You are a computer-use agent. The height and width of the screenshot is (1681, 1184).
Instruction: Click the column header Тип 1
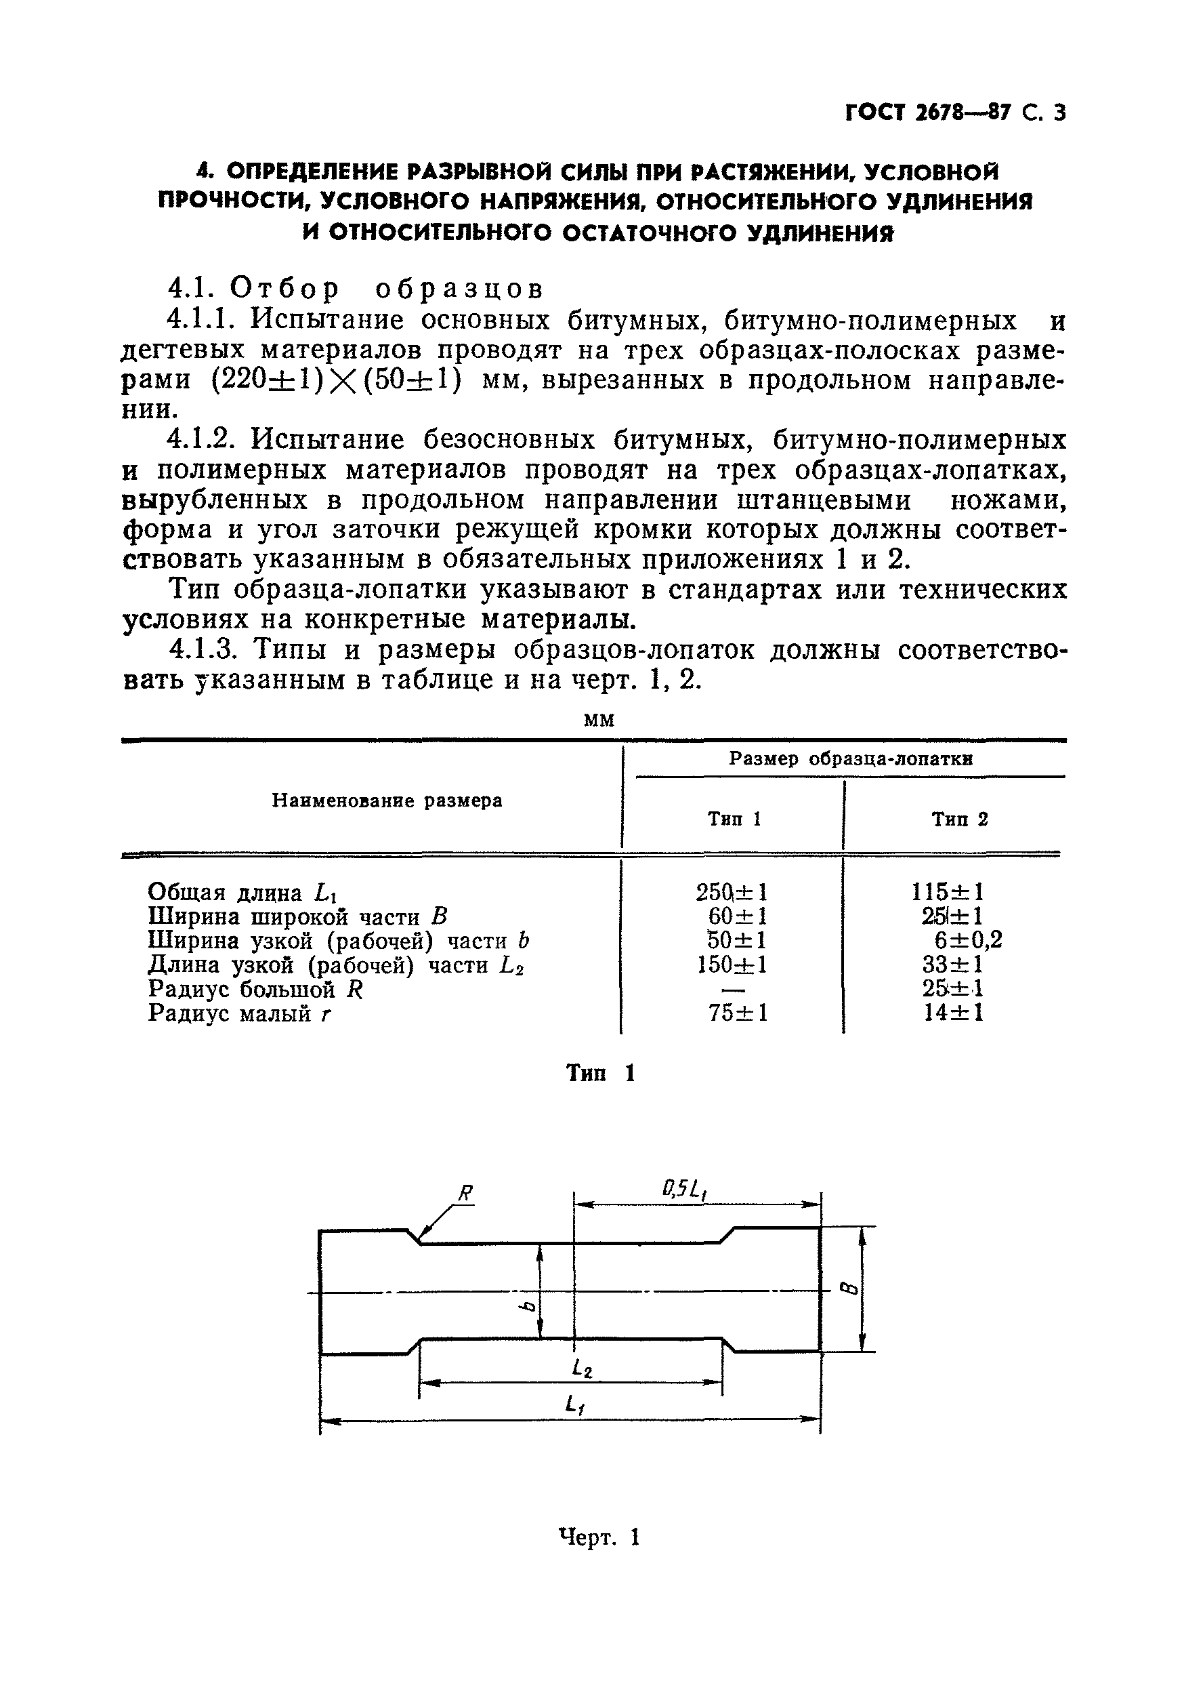[x=734, y=819]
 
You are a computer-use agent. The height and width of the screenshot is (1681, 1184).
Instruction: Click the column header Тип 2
[x=959, y=819]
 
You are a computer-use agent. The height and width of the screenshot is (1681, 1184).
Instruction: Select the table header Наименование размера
[x=387, y=801]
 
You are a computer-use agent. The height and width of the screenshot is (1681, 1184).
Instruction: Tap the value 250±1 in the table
[x=731, y=892]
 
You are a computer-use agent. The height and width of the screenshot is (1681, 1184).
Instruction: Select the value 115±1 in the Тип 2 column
[x=948, y=892]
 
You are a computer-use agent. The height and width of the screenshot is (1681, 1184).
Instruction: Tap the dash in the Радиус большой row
[x=734, y=990]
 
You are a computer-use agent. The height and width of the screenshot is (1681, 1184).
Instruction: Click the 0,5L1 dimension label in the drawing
[x=686, y=1190]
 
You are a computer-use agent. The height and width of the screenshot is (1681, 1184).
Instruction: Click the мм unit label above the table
[x=599, y=721]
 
